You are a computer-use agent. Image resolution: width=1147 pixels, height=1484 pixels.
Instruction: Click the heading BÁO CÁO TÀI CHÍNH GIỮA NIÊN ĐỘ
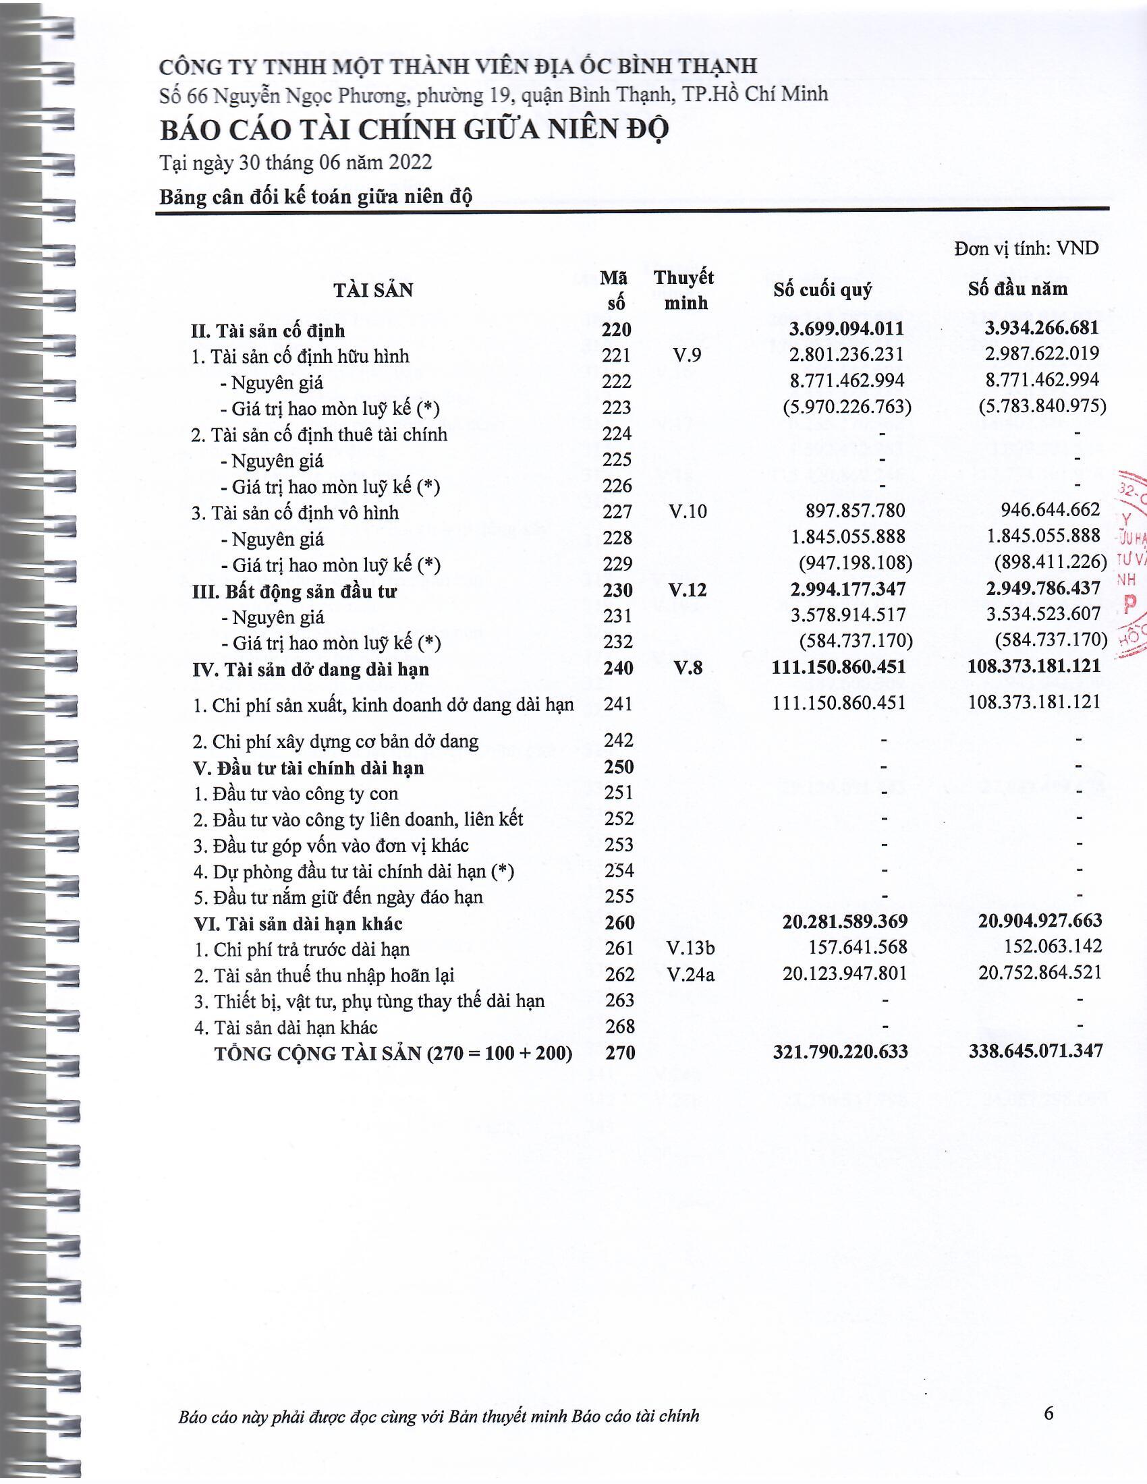414,129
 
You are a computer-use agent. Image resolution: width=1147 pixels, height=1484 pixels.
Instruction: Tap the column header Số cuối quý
822,290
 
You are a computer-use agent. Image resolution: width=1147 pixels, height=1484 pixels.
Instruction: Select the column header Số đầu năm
1017,289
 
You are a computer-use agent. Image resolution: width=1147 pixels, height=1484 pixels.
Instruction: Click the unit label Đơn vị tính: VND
1026,249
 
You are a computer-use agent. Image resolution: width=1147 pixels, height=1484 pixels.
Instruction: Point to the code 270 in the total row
619,1052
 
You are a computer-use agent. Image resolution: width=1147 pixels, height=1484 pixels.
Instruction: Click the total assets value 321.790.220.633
840,1052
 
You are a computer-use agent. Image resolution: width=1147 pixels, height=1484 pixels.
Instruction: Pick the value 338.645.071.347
1036,1051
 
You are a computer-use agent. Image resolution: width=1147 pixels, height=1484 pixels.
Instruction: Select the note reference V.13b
690,948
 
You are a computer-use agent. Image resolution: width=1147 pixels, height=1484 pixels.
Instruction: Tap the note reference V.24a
690,975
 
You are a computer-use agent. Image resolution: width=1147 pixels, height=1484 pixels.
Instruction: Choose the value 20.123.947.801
845,973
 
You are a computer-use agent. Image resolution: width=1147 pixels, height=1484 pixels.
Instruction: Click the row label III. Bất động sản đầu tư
294,591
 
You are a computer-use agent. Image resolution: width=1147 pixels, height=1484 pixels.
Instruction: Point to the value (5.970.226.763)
847,406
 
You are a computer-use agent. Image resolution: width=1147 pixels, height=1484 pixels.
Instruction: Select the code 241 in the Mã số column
618,704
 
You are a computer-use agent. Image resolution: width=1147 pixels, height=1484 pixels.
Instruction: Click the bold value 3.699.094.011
847,329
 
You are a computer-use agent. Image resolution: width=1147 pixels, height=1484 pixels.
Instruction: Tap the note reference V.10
688,511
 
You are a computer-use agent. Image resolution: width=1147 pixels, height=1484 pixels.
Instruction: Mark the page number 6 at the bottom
1048,1414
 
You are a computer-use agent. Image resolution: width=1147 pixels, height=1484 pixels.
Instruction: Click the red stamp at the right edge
1131,564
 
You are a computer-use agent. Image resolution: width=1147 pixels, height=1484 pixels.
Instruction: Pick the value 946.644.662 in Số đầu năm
1050,509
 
